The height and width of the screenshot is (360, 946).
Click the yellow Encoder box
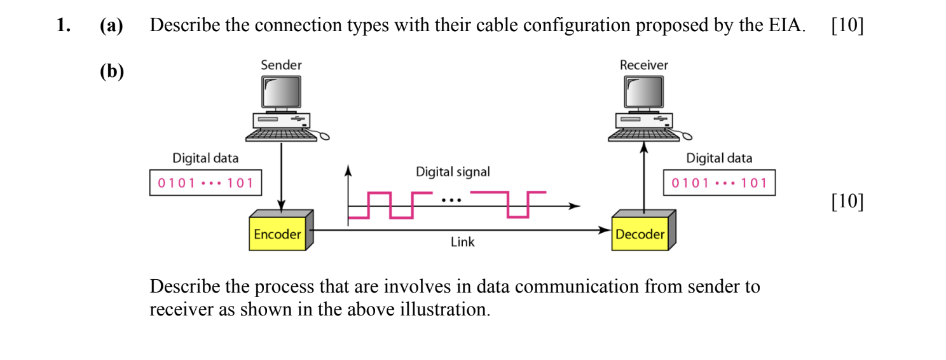(277, 234)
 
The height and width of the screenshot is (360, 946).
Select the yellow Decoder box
(640, 234)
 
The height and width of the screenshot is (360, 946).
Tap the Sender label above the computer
(281, 65)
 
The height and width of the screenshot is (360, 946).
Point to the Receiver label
(644, 65)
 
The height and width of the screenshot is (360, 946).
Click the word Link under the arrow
(462, 242)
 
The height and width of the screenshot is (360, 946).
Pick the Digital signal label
(453, 172)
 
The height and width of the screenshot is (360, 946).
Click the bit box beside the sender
(205, 183)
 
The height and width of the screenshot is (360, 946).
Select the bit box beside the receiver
(719, 183)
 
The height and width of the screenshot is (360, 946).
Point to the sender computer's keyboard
(280, 134)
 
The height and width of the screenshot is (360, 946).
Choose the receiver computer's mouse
(687, 135)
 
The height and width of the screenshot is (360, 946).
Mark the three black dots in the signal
(451, 200)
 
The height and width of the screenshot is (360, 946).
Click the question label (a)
(111, 25)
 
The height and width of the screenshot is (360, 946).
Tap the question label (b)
(111, 72)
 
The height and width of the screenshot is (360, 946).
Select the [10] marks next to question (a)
(847, 25)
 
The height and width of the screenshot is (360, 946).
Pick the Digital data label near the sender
(205, 158)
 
